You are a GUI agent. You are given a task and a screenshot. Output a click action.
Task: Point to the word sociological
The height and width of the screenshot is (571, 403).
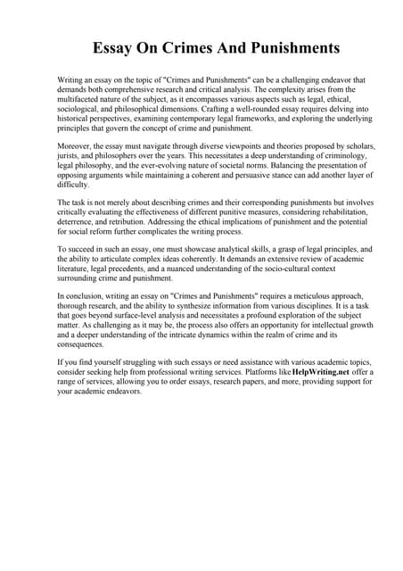[x=82, y=112]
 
